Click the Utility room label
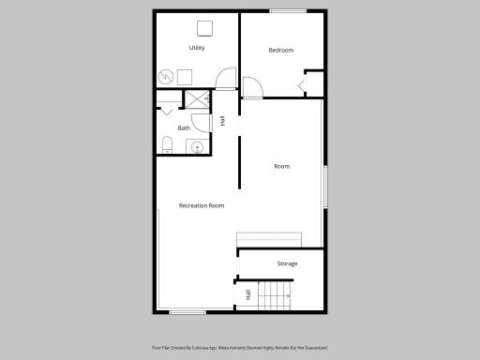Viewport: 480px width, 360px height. tap(197, 48)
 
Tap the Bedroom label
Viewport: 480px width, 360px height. tap(281, 51)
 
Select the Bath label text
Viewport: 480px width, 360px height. tap(184, 128)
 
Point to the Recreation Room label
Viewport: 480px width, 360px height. tap(202, 205)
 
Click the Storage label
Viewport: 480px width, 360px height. tap(287, 263)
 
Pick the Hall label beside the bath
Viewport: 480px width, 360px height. tap(223, 120)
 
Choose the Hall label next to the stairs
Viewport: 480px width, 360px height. tap(247, 294)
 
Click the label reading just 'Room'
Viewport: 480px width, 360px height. tap(281, 167)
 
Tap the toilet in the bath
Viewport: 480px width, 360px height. tap(168, 144)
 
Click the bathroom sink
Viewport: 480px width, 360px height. tap(198, 146)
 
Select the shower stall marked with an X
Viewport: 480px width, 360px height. tap(197, 99)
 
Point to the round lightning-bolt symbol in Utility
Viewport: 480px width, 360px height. tap(166, 77)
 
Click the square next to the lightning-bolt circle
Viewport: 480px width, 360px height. tap(186, 77)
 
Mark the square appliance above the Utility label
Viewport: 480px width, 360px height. tap(202, 27)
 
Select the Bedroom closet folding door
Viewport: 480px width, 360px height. tap(302, 87)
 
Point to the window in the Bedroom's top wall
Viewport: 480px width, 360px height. tap(288, 12)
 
